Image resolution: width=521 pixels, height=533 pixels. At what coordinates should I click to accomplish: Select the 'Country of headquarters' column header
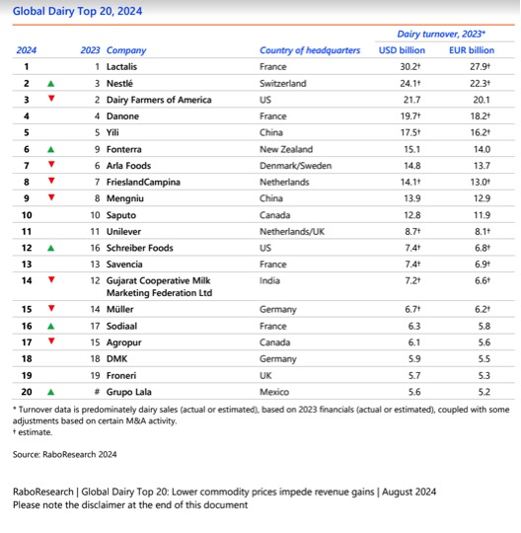coord(309,49)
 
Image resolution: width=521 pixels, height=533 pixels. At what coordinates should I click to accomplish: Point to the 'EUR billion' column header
coord(471,49)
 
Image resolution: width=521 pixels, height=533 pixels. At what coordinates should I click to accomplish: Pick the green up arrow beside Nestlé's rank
coord(50,83)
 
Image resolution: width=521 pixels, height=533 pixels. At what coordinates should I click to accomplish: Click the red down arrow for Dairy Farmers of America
coord(50,100)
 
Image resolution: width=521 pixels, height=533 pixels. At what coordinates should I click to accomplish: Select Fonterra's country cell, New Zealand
coord(287,149)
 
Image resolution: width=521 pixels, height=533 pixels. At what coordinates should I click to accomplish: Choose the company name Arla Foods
coord(130,165)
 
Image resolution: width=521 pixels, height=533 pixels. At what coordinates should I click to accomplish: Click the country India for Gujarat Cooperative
coord(270,280)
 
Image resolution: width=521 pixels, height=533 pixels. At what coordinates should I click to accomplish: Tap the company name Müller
coord(120,309)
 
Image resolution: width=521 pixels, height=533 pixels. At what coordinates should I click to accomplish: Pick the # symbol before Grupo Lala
coord(98,391)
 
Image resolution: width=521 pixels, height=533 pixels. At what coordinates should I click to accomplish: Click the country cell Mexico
coord(275,391)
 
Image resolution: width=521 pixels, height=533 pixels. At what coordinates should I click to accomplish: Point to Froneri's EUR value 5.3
coord(483,375)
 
